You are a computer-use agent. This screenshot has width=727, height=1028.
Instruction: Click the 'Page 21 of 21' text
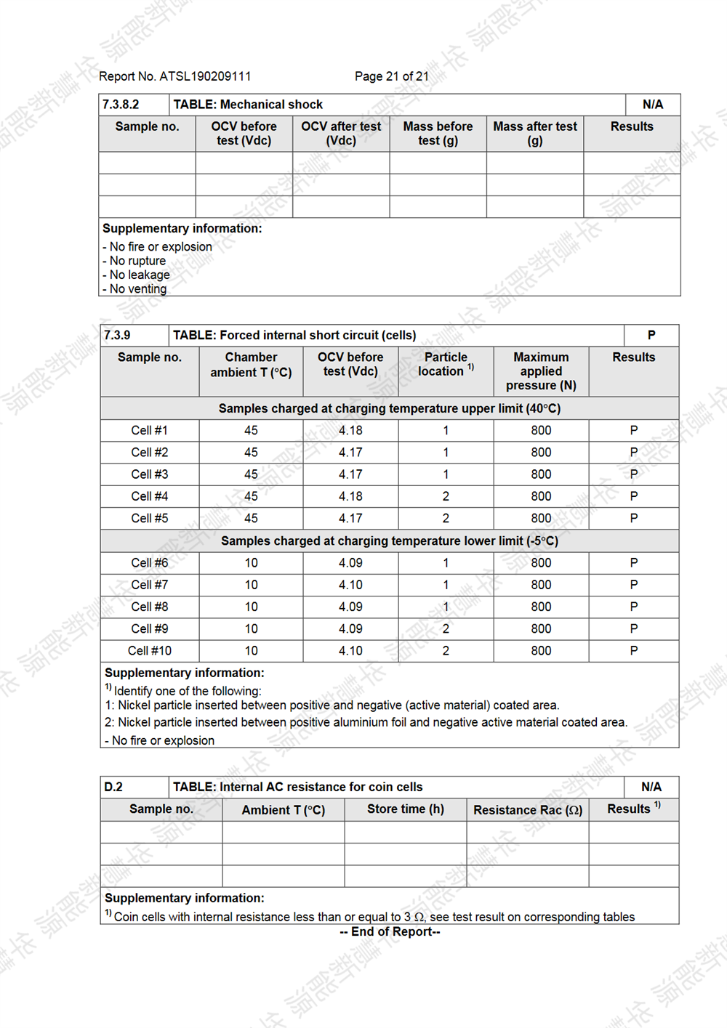pyautogui.click(x=391, y=76)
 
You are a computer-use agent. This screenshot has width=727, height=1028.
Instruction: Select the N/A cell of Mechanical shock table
pyautogui.click(x=652, y=105)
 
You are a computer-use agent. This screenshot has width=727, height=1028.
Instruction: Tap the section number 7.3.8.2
pyautogui.click(x=121, y=105)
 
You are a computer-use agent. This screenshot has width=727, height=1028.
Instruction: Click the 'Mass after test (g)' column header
pyautogui.click(x=535, y=134)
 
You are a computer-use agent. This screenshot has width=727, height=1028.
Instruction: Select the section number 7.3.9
pyautogui.click(x=117, y=335)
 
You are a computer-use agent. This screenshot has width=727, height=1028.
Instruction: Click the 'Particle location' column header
pyautogui.click(x=446, y=364)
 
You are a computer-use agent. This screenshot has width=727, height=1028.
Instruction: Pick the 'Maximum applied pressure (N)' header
pyautogui.click(x=541, y=371)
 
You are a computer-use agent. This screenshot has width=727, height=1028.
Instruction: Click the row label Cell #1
pyautogui.click(x=150, y=430)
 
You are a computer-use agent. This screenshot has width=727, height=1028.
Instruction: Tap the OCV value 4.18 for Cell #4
pyautogui.click(x=350, y=496)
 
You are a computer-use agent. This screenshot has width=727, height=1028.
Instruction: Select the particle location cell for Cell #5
pyautogui.click(x=446, y=518)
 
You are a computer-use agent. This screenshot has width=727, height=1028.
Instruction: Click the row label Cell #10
pyautogui.click(x=150, y=650)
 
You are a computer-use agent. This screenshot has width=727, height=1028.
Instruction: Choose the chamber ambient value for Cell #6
pyautogui.click(x=251, y=562)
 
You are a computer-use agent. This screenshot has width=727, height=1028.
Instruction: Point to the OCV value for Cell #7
pyautogui.click(x=350, y=584)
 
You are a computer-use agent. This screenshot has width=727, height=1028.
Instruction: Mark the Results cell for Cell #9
pyautogui.click(x=633, y=628)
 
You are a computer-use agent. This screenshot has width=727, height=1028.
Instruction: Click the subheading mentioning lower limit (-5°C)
pyautogui.click(x=390, y=541)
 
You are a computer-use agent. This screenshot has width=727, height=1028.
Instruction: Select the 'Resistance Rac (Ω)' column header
pyautogui.click(x=528, y=809)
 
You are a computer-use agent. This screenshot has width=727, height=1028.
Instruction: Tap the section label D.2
pyautogui.click(x=113, y=787)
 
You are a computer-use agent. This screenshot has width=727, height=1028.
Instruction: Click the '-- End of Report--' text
pyautogui.click(x=390, y=931)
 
